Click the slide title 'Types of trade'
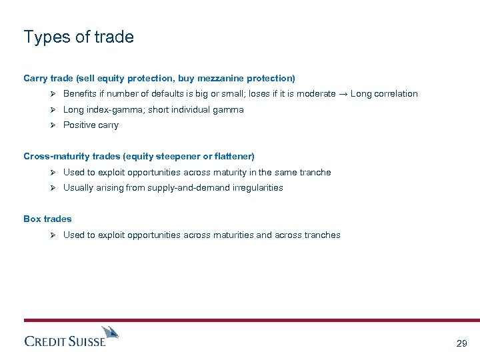click(79, 37)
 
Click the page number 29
click(461, 344)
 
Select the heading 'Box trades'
click(47, 219)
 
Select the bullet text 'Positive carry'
click(91, 125)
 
